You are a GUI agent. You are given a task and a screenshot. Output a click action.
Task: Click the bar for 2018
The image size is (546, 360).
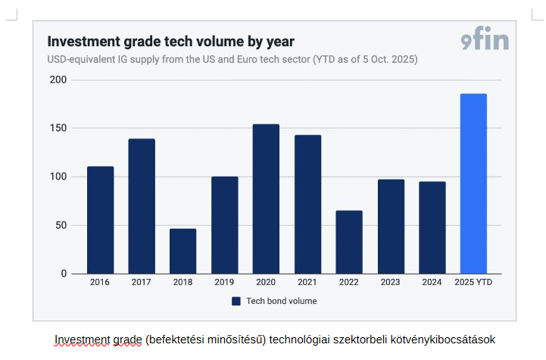point(183,251)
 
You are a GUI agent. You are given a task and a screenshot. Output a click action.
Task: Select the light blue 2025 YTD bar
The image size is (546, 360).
point(473,183)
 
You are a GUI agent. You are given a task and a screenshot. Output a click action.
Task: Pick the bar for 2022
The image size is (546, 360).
point(349,242)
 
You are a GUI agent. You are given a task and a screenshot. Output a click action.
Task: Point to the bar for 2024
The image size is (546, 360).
point(432,227)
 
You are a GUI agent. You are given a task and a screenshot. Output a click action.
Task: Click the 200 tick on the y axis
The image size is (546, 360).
point(58,80)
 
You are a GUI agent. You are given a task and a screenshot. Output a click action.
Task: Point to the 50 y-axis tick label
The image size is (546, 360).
point(61,225)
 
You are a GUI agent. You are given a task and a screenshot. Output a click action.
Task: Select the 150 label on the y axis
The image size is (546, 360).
point(58,128)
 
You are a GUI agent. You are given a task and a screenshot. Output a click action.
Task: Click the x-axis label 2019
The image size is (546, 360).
point(224,282)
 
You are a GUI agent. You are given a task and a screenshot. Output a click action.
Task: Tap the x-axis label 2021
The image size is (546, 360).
point(307,282)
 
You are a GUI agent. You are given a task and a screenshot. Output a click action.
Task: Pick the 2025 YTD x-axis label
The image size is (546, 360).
point(473,282)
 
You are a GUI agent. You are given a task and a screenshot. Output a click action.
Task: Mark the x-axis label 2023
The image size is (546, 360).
point(391,282)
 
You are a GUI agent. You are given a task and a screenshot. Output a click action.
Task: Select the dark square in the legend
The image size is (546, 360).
point(236,301)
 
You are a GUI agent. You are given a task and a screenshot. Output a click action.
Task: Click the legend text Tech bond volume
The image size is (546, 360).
point(281,301)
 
